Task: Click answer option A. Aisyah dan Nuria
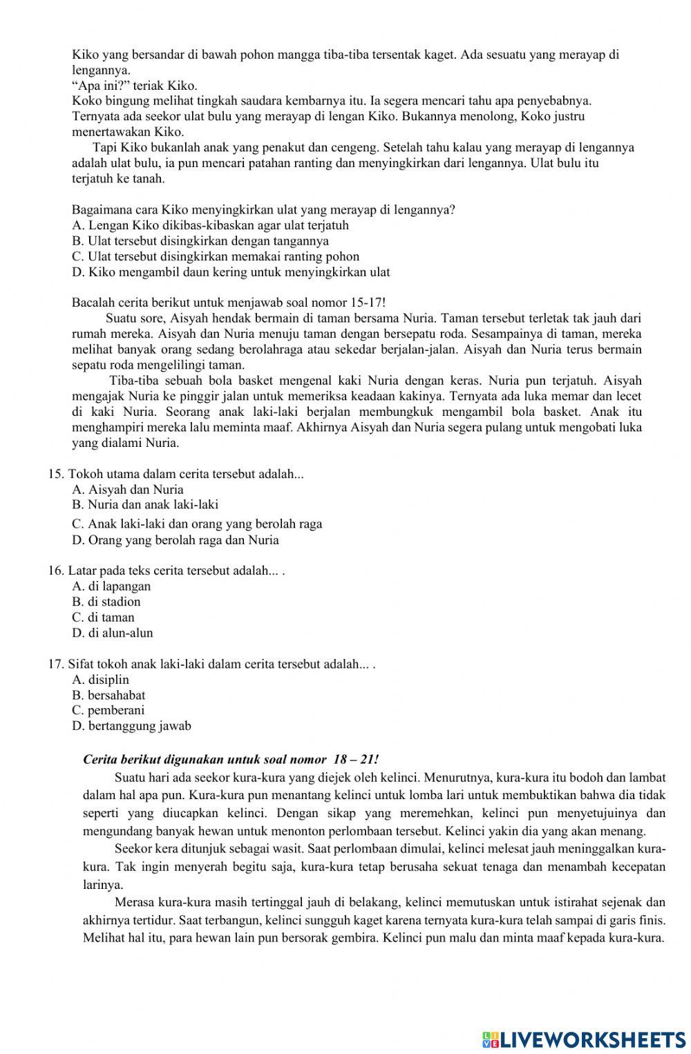pos(127,490)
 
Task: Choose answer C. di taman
pos(103,617)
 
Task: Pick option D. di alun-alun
pos(112,633)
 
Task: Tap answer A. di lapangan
pos(111,586)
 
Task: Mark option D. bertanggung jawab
pos(131,726)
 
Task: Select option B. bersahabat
pos(108,696)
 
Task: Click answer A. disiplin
pos(100,680)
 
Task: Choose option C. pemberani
pos(108,710)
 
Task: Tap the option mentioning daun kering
pos(230,272)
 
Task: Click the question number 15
pos(56,475)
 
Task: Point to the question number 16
pos(56,571)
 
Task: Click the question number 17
pos(56,664)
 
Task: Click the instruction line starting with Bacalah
pos(228,303)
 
